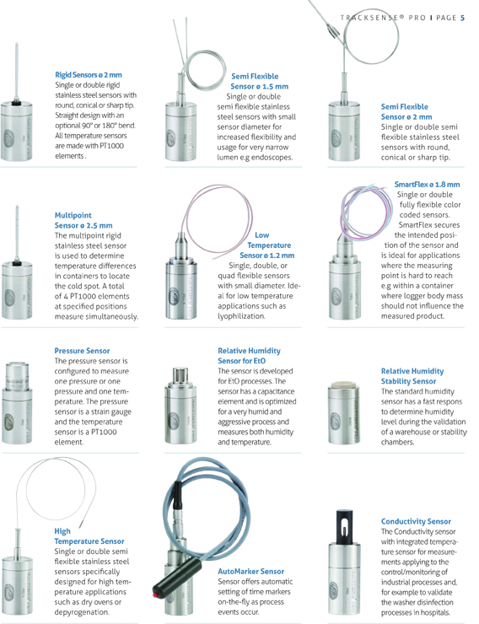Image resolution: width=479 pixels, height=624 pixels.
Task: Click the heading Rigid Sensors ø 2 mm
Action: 89,75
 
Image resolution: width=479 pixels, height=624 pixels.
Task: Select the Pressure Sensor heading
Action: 82,351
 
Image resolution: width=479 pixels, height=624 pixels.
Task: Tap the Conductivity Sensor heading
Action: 416,521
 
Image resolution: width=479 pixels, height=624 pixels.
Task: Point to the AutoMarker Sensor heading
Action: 250,572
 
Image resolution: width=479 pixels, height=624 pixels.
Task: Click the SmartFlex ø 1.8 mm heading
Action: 427,185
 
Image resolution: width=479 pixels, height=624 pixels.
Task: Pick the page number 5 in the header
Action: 462,18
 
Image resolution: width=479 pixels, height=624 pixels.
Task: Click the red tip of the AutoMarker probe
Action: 155,595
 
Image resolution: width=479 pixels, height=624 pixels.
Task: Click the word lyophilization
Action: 241,316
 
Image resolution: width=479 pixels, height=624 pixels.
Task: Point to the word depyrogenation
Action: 81,612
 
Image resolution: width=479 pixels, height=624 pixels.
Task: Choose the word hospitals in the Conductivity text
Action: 436,612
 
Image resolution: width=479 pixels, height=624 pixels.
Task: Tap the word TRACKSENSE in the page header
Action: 372,18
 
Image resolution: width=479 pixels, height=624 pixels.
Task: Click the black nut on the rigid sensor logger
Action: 16,103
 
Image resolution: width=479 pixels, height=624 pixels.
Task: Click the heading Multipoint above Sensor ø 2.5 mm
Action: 73,215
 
